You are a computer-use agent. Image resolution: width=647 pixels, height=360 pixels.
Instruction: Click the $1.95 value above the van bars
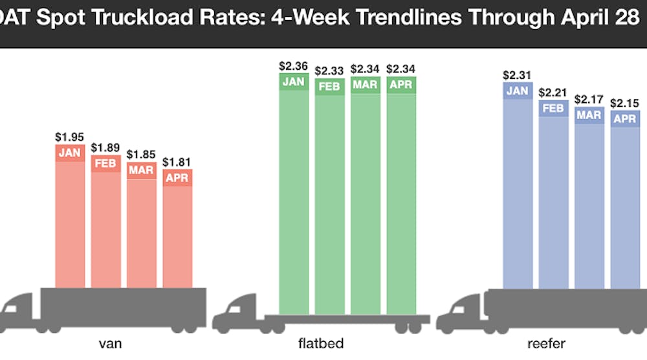point(70,137)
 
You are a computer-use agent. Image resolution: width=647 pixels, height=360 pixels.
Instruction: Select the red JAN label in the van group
point(70,153)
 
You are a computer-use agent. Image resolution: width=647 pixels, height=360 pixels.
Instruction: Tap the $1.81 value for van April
point(177,162)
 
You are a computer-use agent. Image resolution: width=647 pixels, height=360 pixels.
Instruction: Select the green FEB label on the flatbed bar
point(330,87)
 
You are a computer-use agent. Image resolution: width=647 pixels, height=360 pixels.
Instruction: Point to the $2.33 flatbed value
point(330,71)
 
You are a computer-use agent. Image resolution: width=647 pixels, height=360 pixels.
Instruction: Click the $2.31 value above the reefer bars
point(518,75)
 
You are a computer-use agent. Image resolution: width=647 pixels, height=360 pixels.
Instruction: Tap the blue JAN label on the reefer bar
point(518,91)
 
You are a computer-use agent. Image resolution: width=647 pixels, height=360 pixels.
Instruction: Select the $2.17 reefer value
point(589,100)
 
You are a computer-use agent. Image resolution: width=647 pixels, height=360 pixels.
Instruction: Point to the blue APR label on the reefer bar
point(625,118)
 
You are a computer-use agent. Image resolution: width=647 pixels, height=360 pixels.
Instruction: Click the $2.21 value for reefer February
point(553,93)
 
